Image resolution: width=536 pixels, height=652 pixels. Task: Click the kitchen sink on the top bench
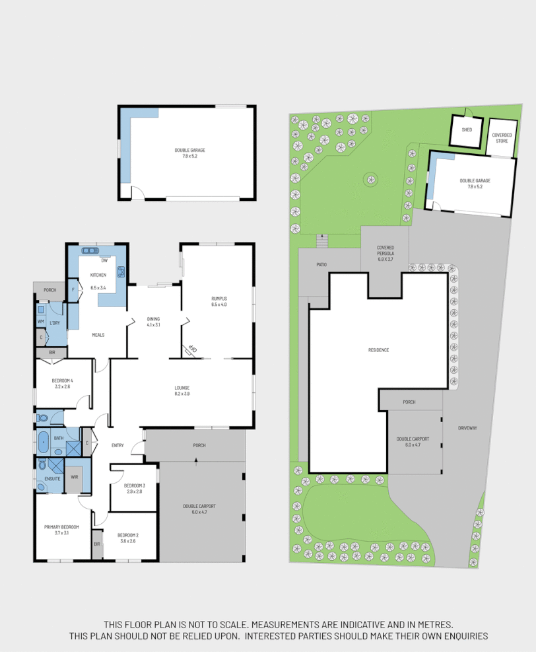tap(88, 250)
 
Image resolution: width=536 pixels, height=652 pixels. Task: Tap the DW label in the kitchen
tap(104, 260)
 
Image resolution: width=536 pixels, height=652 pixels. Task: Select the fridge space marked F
tap(73, 289)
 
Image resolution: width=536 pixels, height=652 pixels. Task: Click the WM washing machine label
tap(41, 322)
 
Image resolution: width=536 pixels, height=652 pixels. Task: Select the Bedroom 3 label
tap(134, 486)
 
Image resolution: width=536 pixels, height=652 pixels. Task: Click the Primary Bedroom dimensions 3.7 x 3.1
tap(61, 533)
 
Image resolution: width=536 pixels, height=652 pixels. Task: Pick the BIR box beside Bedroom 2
tap(96, 544)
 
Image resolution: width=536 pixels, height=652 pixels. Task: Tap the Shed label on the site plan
tap(467, 129)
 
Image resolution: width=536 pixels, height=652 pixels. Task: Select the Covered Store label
tap(502, 137)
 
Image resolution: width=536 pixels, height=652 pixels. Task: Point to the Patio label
tap(321, 264)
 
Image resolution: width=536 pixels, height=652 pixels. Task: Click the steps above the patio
tap(321, 240)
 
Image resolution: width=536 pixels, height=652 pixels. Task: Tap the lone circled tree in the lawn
tap(370, 178)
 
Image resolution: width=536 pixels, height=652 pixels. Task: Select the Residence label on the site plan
tap(379, 349)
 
